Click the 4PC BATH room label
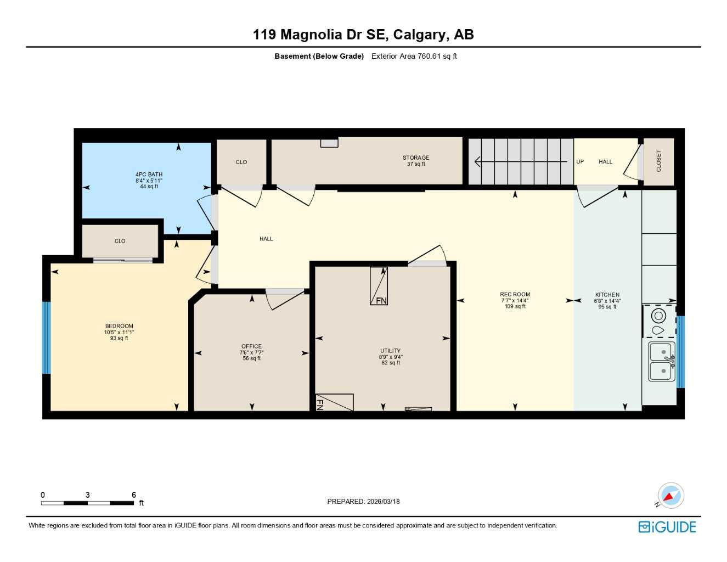[x=149, y=175]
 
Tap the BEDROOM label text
[x=119, y=326]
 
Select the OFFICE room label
[x=251, y=346]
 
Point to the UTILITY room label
[x=390, y=351]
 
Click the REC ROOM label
[x=515, y=295]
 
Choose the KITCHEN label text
[x=607, y=295]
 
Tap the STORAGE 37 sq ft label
[x=415, y=160]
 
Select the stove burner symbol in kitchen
[x=658, y=316]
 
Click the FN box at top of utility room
[x=379, y=286]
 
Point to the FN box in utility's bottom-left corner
[x=334, y=402]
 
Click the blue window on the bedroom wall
[x=46, y=338]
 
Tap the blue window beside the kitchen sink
[x=680, y=351]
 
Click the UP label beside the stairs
[x=580, y=162]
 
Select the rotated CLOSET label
[x=658, y=161]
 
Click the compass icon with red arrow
[x=670, y=496]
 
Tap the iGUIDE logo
[x=667, y=527]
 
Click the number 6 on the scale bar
[x=133, y=495]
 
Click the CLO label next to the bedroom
[x=120, y=241]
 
